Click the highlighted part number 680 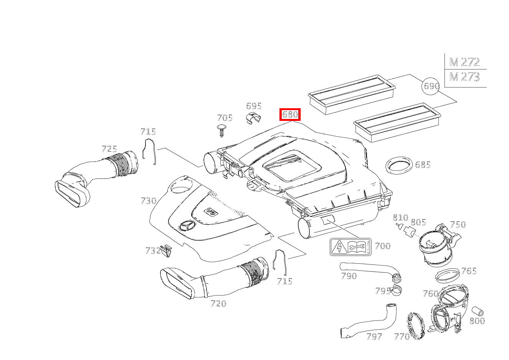pyautogui.click(x=290, y=114)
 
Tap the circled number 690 pyautogui.click(x=430, y=86)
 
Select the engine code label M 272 pyautogui.click(x=464, y=62)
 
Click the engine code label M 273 pyautogui.click(x=464, y=77)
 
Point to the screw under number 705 pyautogui.click(x=222, y=130)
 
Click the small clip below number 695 pyautogui.click(x=254, y=118)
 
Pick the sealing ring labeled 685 pyautogui.click(x=399, y=165)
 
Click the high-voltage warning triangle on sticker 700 pyautogui.click(x=339, y=247)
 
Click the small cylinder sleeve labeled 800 pyautogui.click(x=478, y=311)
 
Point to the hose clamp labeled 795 pyautogui.click(x=396, y=291)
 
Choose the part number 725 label pyautogui.click(x=109, y=149)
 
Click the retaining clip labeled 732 pyautogui.click(x=166, y=251)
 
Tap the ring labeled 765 pyautogui.click(x=447, y=276)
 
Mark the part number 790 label pyautogui.click(x=349, y=276)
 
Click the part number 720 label pyautogui.click(x=218, y=304)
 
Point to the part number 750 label pyautogui.click(x=458, y=225)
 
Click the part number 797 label pyautogui.click(x=374, y=337)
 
